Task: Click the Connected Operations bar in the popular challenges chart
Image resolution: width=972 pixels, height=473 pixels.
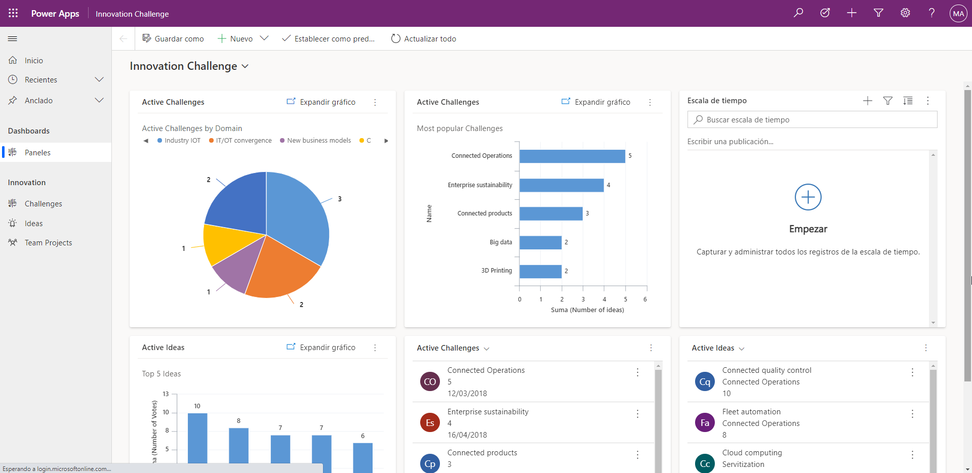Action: (x=572, y=156)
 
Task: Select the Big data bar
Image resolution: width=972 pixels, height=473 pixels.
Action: (x=540, y=243)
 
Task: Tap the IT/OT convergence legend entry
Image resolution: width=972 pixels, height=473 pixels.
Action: (x=240, y=141)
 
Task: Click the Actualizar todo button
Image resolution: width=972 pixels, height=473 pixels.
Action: (x=424, y=39)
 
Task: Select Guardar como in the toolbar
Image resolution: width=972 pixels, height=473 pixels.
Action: (x=173, y=39)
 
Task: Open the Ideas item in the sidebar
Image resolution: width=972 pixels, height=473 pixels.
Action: (x=33, y=224)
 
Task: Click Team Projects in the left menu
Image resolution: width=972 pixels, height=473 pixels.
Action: (x=48, y=243)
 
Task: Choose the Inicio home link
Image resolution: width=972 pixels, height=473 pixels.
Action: (x=33, y=61)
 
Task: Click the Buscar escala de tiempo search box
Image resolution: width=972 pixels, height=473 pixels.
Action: (x=812, y=120)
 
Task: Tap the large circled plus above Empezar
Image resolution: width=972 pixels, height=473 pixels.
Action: (x=808, y=197)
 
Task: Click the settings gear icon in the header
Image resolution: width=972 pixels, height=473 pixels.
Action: (x=905, y=13)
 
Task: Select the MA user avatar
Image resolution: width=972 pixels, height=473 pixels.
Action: (x=958, y=14)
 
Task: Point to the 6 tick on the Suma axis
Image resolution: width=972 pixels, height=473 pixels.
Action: (x=645, y=299)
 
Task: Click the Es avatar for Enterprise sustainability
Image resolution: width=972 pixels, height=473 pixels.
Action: (x=430, y=423)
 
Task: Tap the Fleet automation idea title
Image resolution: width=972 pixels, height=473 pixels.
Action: (x=751, y=412)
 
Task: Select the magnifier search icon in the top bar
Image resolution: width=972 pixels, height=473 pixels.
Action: (x=798, y=13)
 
